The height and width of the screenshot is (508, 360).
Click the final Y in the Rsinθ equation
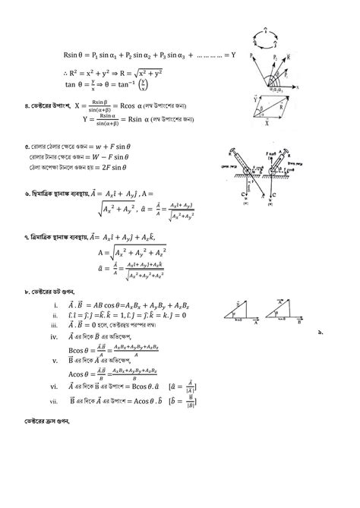[232, 55]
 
